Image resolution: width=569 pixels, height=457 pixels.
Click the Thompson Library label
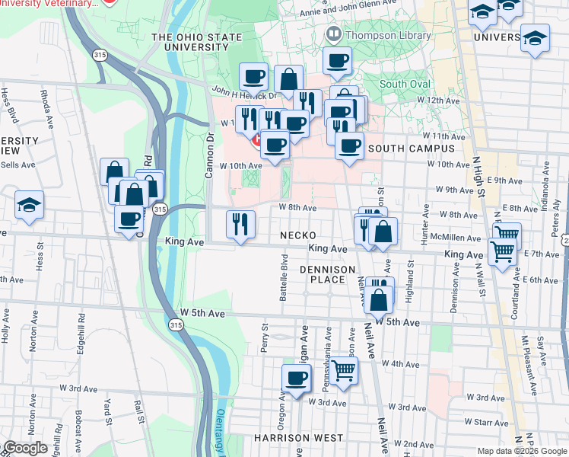pyautogui.click(x=377, y=34)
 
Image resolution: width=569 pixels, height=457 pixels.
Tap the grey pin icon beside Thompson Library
pyautogui.click(x=332, y=34)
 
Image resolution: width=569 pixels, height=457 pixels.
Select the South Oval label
pyautogui.click(x=405, y=84)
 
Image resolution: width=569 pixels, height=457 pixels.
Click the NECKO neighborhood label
pyautogui.click(x=297, y=235)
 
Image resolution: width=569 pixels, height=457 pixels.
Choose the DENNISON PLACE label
pyautogui.click(x=328, y=275)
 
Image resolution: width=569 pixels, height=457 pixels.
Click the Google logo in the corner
pyautogui.click(x=24, y=448)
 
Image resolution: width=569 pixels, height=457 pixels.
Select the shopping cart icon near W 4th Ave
pyautogui.click(x=344, y=372)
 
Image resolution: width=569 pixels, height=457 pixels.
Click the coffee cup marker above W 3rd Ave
pyautogui.click(x=297, y=377)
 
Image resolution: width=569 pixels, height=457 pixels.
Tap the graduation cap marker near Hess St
pyautogui.click(x=29, y=206)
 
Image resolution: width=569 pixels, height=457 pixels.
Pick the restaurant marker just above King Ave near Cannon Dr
pyautogui.click(x=240, y=225)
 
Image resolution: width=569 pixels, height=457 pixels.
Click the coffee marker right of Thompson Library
pyautogui.click(x=336, y=61)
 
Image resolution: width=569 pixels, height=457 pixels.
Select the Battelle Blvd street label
pyautogui.click(x=283, y=281)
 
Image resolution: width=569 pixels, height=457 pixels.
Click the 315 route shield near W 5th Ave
pyautogui.click(x=176, y=325)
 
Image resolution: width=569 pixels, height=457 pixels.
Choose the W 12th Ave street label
pyautogui.click(x=443, y=101)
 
